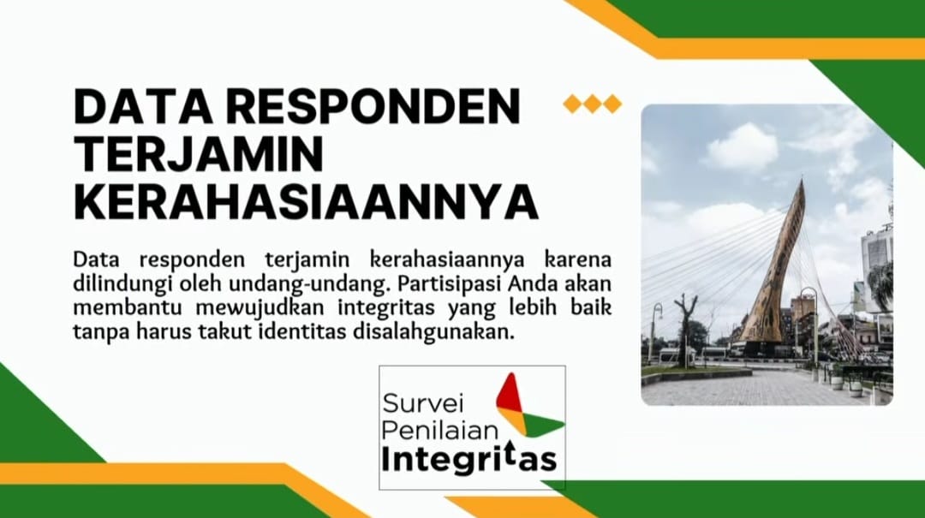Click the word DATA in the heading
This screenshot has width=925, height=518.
(x=143, y=106)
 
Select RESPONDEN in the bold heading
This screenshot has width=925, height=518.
(x=373, y=106)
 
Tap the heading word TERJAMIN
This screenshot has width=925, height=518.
(x=198, y=155)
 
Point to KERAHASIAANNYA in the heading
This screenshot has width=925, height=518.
(x=306, y=202)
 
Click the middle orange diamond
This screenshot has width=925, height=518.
(x=593, y=104)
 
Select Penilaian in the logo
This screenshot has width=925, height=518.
(x=440, y=431)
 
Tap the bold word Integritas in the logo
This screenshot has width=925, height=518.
(x=469, y=459)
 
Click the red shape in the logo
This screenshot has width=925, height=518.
(x=510, y=394)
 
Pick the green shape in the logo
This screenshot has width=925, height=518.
(x=541, y=424)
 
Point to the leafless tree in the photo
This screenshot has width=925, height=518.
(x=685, y=327)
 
